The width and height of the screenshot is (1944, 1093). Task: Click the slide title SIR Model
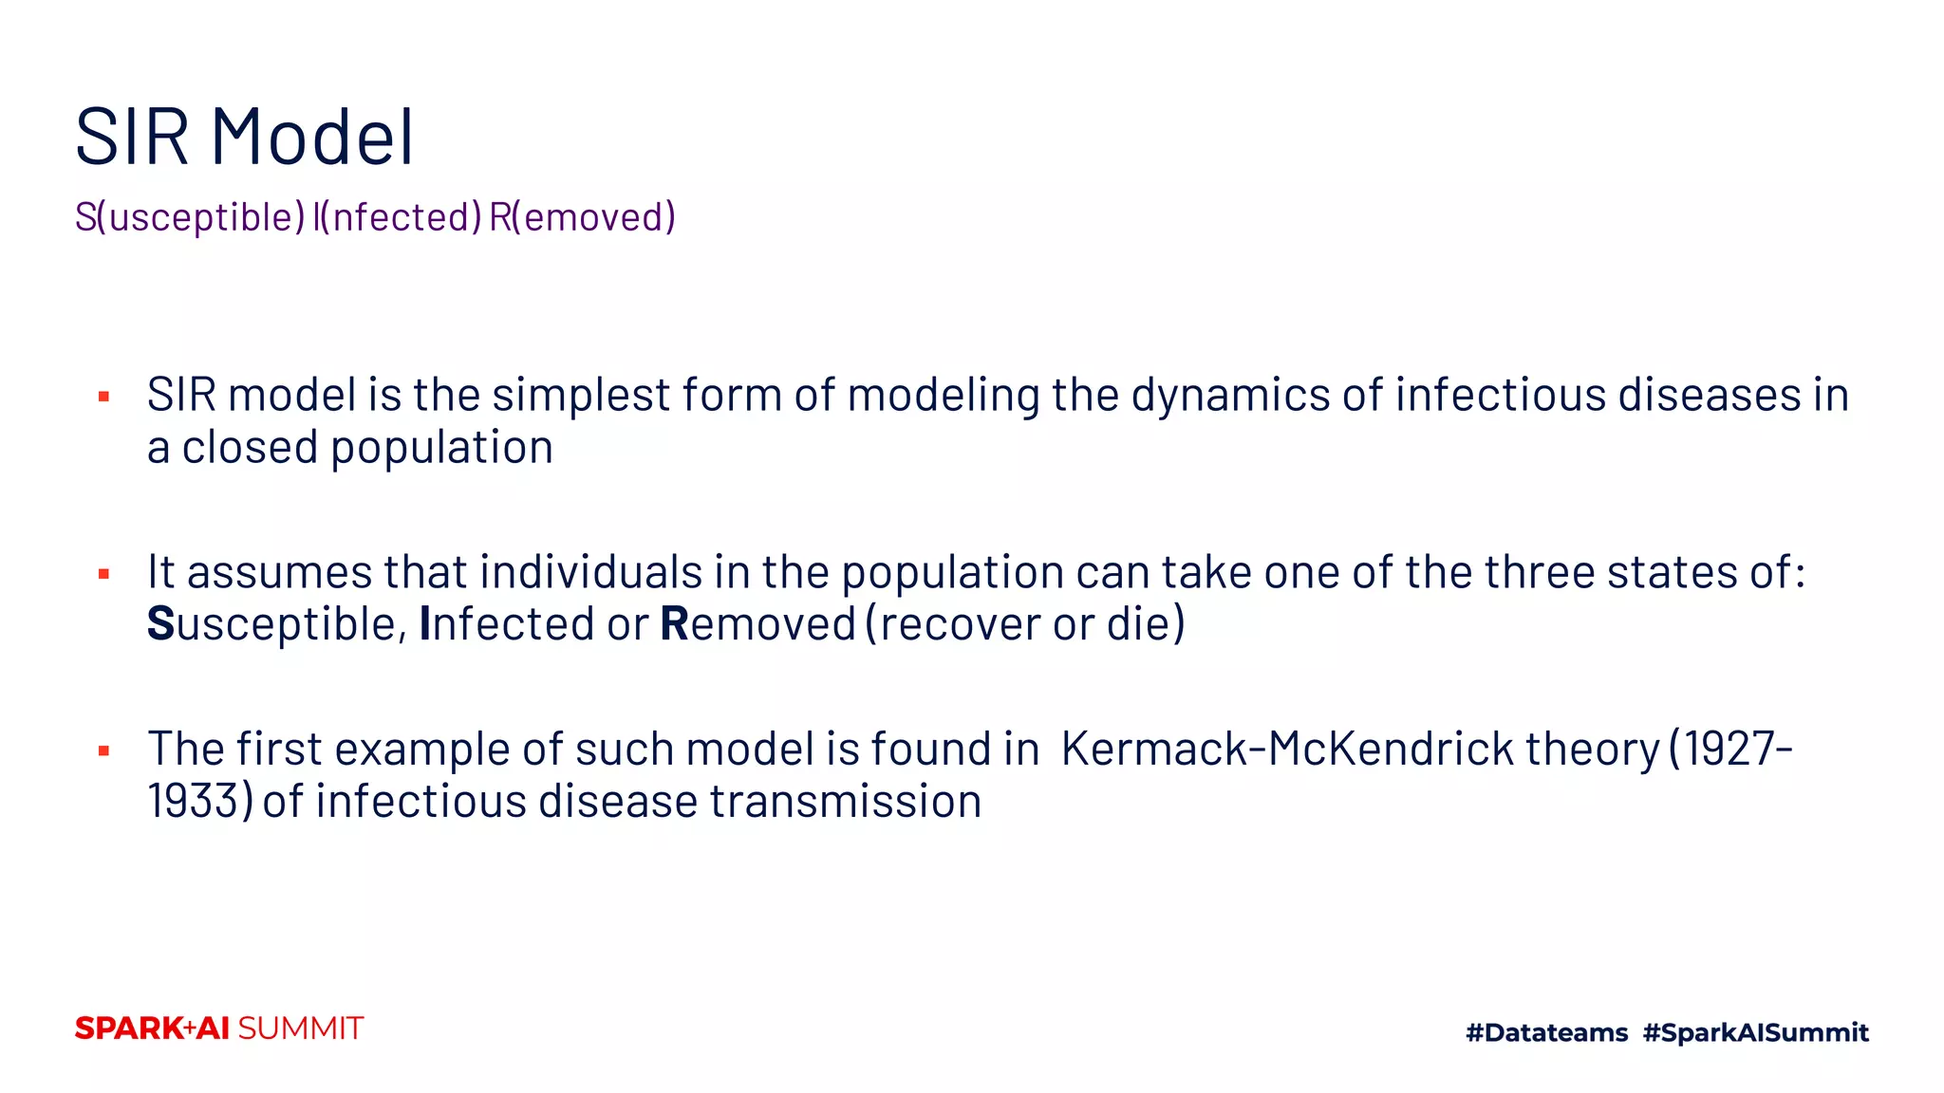coord(245,138)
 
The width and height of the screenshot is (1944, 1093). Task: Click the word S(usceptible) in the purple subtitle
coord(190,217)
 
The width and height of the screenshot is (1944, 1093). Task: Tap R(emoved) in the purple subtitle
coord(582,217)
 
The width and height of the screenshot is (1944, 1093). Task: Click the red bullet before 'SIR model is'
coord(104,397)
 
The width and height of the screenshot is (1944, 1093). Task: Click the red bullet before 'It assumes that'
coord(104,574)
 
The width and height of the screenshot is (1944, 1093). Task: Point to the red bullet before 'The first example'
coord(104,751)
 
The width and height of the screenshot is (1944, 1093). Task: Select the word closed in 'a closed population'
coord(250,448)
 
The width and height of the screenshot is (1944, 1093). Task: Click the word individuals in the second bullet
coord(590,572)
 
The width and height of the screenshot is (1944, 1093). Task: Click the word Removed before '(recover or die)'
coord(757,624)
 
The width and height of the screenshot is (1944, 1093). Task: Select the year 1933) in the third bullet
coord(200,802)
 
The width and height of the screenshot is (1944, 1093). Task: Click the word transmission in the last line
coord(845,802)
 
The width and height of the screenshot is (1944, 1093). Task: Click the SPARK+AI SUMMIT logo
coord(219,1028)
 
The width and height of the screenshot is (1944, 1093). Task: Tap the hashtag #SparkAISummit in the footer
coord(1755,1032)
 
